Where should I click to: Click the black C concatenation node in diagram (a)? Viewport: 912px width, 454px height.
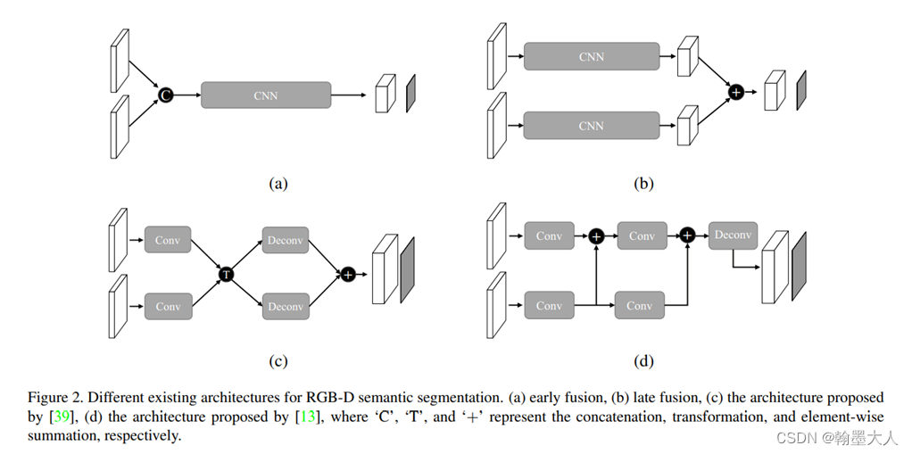tap(166, 95)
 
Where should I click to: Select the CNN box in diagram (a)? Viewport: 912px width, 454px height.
tap(266, 95)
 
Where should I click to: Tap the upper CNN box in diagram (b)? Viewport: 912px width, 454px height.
tap(592, 56)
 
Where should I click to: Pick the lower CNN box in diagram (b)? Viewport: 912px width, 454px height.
tap(592, 126)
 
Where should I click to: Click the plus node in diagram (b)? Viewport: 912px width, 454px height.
tap(736, 92)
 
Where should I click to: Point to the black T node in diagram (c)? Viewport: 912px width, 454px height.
tap(227, 274)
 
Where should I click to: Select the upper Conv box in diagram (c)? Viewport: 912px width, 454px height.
tap(168, 240)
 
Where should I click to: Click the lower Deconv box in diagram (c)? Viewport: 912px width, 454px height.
tap(286, 306)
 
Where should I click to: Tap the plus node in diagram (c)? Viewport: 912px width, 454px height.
tap(348, 275)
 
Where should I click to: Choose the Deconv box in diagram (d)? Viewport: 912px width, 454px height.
tap(733, 235)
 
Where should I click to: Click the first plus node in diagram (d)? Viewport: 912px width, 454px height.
tap(596, 236)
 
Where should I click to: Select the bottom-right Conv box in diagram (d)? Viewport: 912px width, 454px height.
tap(639, 305)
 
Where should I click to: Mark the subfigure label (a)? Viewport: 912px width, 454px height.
tap(278, 184)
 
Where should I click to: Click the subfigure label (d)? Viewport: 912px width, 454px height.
tap(643, 361)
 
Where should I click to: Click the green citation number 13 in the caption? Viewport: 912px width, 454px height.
tap(307, 417)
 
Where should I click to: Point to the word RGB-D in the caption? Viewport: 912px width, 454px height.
tap(327, 398)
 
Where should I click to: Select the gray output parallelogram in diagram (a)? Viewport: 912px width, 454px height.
tap(410, 93)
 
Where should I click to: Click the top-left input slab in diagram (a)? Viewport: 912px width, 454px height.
tap(120, 61)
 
